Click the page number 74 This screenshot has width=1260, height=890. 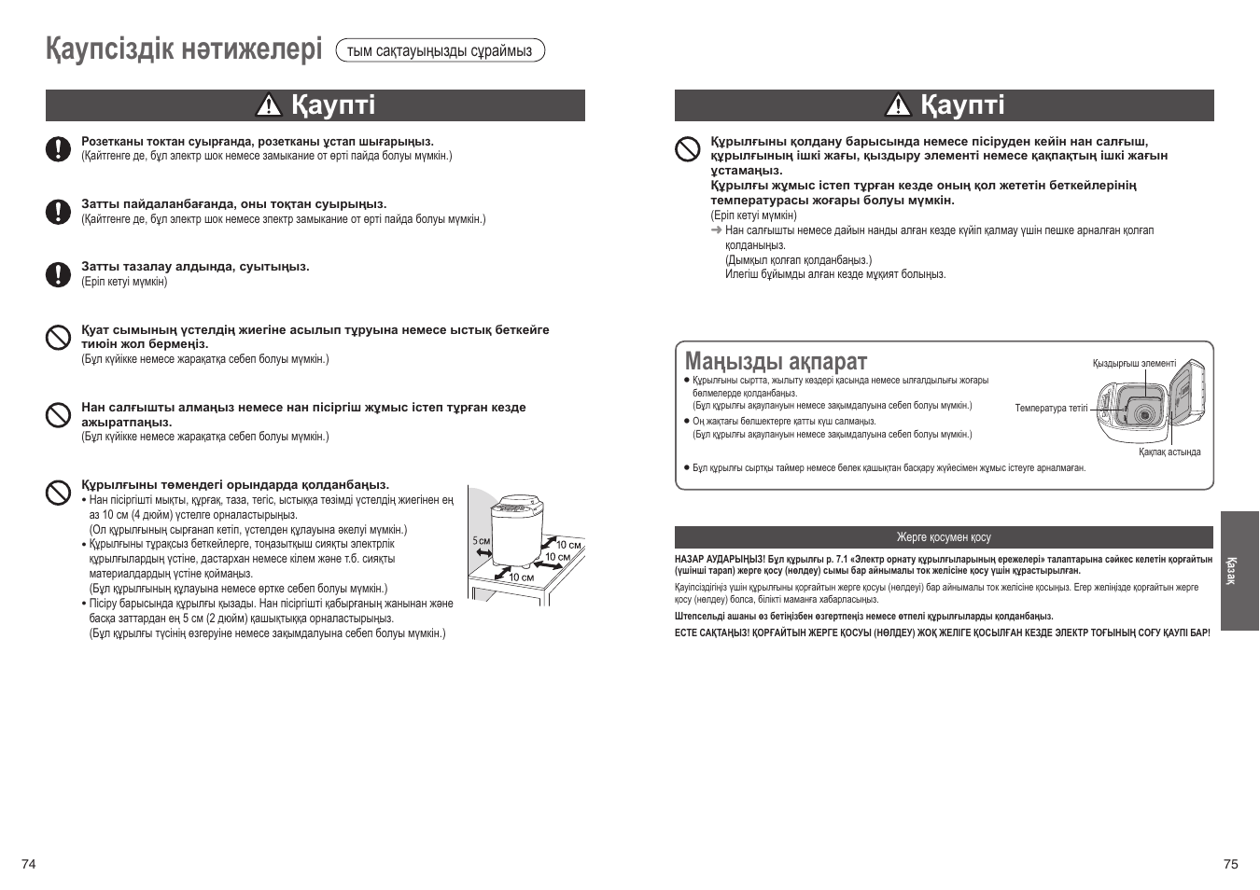[x=29, y=864]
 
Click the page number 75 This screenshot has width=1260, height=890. [x=1230, y=864]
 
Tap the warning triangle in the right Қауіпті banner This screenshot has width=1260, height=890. [x=898, y=106]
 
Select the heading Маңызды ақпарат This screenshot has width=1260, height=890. [x=776, y=361]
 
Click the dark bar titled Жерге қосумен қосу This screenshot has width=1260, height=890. [x=944, y=537]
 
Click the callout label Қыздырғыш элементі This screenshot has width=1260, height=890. [x=1134, y=364]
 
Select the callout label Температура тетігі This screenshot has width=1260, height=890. [x=1051, y=408]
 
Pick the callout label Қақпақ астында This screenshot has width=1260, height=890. [x=1169, y=452]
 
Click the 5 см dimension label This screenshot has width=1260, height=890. [x=481, y=541]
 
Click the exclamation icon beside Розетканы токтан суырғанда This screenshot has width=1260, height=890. [x=59, y=149]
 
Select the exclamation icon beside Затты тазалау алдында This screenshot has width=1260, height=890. [x=59, y=273]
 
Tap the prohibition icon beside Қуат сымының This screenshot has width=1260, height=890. [x=59, y=337]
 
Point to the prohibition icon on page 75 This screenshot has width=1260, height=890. [x=688, y=149]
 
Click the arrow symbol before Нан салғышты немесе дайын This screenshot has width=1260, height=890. [x=717, y=230]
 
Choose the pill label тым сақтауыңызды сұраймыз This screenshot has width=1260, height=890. [x=440, y=50]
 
